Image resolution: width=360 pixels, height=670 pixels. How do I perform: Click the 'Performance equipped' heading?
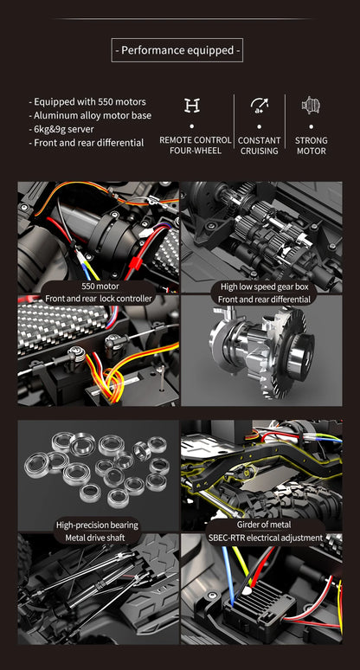pyautogui.click(x=177, y=51)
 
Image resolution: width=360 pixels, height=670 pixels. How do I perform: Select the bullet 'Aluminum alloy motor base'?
pyautogui.click(x=90, y=115)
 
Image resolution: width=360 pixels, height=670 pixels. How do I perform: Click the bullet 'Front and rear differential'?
pyautogui.click(x=87, y=143)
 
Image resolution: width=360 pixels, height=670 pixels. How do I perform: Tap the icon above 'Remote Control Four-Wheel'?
pyautogui.click(x=192, y=106)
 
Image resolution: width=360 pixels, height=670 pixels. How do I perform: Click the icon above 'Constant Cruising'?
pyautogui.click(x=259, y=106)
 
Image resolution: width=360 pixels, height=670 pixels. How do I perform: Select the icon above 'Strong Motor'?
pyautogui.click(x=311, y=106)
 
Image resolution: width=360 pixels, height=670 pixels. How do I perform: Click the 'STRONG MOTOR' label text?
pyautogui.click(x=312, y=145)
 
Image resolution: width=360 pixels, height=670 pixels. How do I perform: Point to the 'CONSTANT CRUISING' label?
pyautogui.click(x=259, y=145)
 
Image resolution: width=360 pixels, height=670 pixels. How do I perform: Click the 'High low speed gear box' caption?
pyautogui.click(x=264, y=287)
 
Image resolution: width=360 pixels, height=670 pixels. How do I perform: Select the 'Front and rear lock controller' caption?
pyautogui.click(x=99, y=299)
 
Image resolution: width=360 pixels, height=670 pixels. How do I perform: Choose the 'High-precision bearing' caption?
pyautogui.click(x=97, y=525)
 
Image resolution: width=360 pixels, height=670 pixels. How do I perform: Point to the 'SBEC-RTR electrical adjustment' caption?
pyautogui.click(x=265, y=538)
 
